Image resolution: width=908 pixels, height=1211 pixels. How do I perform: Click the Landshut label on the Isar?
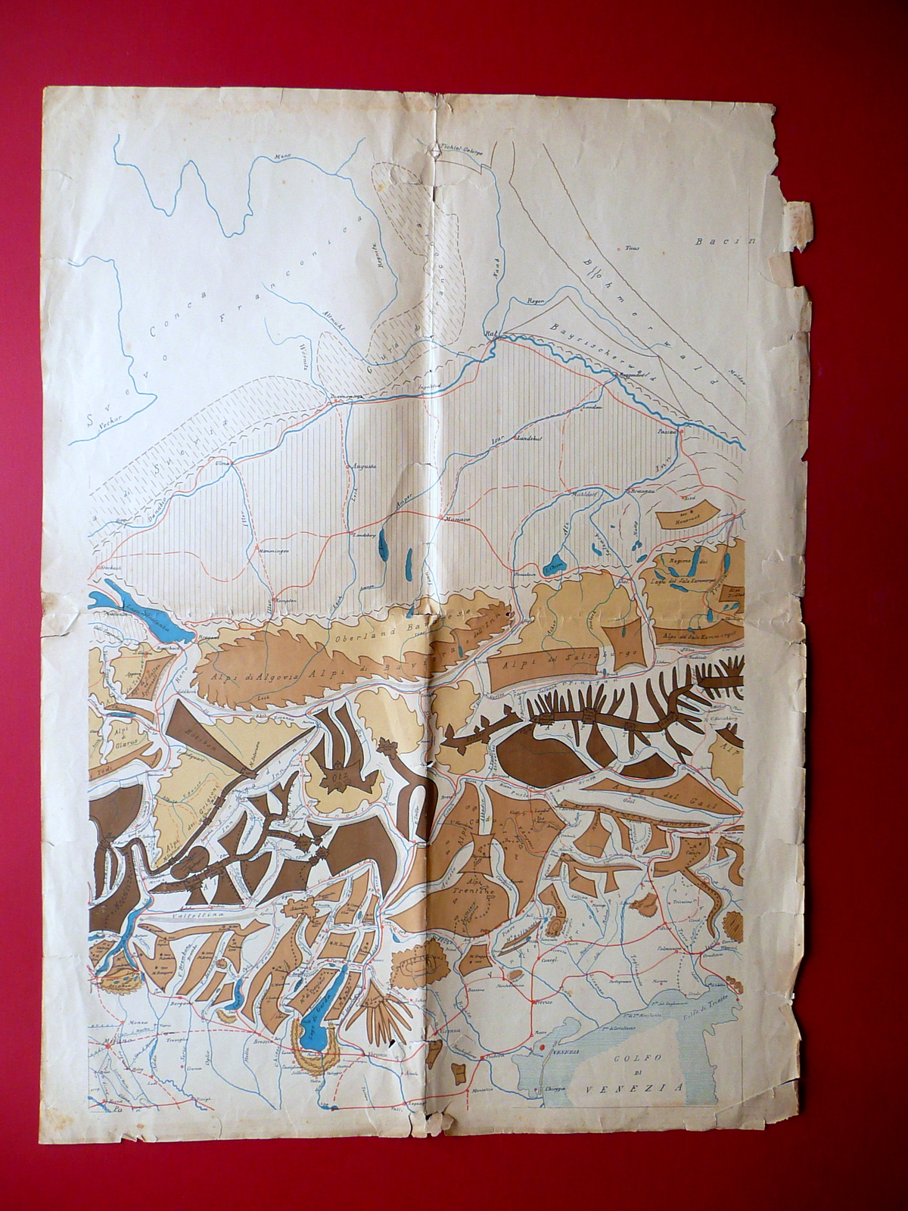tap(530, 438)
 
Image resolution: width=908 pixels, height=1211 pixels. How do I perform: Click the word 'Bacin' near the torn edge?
tap(725, 243)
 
